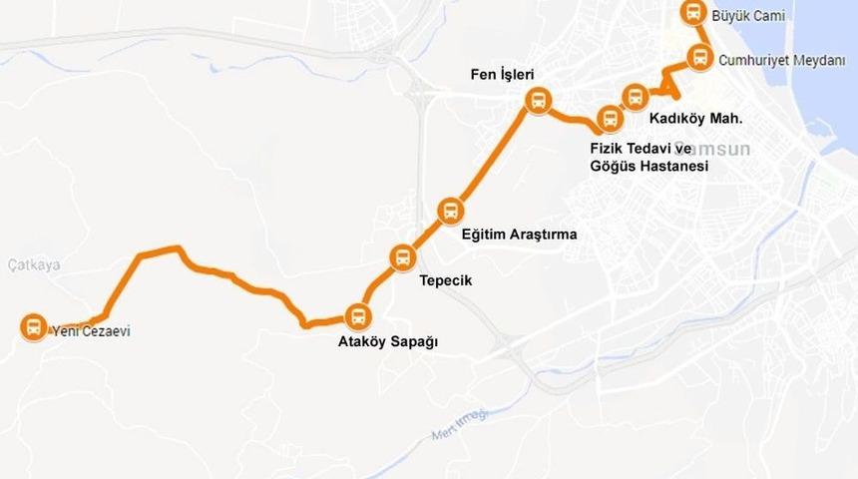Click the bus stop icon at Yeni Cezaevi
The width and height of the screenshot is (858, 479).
(x=35, y=327)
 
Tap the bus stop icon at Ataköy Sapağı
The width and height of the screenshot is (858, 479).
(x=357, y=317)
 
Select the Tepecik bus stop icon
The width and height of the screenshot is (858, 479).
(x=402, y=258)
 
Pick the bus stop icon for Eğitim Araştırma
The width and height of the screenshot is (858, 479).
(x=451, y=211)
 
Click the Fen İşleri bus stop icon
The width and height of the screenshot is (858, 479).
(x=539, y=101)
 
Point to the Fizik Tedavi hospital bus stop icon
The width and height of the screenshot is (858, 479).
(x=611, y=119)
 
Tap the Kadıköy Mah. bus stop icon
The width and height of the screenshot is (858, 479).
(x=635, y=97)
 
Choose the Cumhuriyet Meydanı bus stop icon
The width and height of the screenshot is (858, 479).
(x=700, y=57)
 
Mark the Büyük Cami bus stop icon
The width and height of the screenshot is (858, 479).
(x=692, y=13)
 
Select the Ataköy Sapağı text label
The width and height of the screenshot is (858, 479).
(x=387, y=343)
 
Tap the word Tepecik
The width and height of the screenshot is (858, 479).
(x=445, y=280)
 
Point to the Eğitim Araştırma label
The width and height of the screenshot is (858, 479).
(x=519, y=236)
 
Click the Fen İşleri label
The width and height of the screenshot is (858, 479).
(x=503, y=75)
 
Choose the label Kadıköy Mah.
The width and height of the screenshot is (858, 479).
(x=695, y=118)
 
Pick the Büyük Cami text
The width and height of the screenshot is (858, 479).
(x=748, y=15)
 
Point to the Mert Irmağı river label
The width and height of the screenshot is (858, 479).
(x=459, y=423)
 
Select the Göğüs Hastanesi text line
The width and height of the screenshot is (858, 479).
(x=648, y=167)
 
